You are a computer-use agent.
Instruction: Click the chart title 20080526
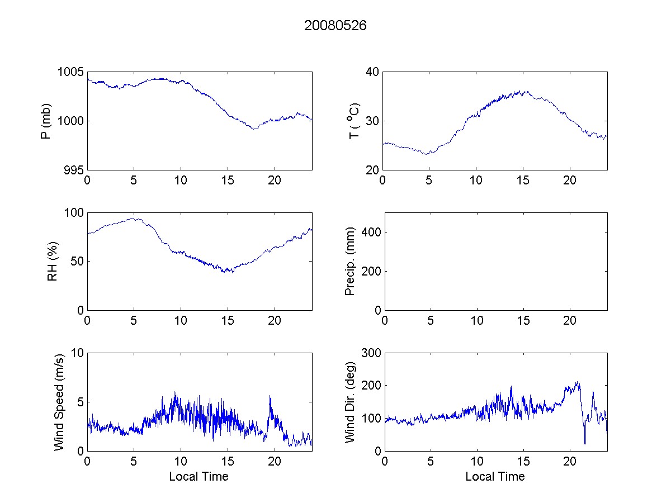pos(335,26)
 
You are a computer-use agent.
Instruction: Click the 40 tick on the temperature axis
pos(373,72)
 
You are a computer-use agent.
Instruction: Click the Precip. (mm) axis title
pos(350,261)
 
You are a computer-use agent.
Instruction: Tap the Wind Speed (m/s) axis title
pos(59,401)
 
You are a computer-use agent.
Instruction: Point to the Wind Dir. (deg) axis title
pos(350,401)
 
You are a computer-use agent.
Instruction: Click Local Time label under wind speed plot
pos(199,477)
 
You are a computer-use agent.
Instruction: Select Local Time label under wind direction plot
pos(495,477)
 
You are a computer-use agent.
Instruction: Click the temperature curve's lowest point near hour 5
pos(428,154)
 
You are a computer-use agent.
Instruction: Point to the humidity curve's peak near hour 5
pos(134,218)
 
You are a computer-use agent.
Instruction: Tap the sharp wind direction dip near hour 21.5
pos(585,443)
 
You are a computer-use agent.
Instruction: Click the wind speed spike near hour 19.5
pos(270,396)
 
